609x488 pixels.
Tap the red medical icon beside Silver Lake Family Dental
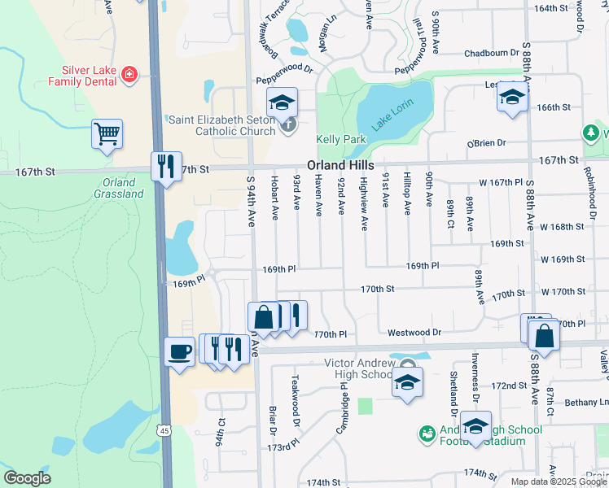pyautogui.click(x=128, y=76)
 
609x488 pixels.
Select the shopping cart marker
pyautogui.click(x=107, y=134)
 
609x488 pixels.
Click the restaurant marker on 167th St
pyautogui.click(x=166, y=167)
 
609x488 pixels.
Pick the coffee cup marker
pyautogui.click(x=180, y=351)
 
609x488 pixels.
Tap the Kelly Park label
pyautogui.click(x=341, y=140)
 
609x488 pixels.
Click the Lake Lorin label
pyautogui.click(x=394, y=115)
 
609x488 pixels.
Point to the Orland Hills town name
pyautogui.click(x=340, y=164)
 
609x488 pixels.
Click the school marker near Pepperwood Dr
pyautogui.click(x=282, y=102)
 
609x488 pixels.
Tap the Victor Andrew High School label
pyautogui.click(x=359, y=368)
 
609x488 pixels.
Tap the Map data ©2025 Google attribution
pyautogui.click(x=559, y=481)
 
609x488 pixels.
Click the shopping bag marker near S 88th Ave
pyautogui.click(x=544, y=334)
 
